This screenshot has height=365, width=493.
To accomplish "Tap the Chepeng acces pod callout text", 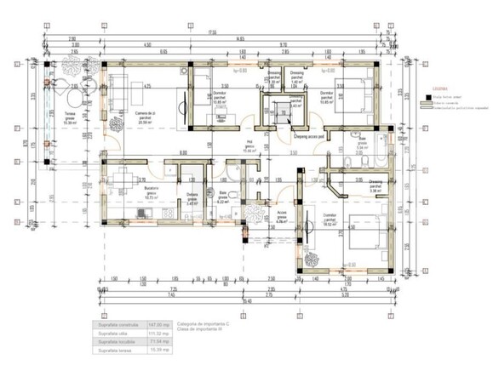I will pyautogui.click(x=311, y=134).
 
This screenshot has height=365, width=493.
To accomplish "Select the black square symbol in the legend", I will pyautogui.click(x=425, y=98).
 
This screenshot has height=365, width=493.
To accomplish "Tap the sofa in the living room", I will pyautogui.click(x=118, y=91).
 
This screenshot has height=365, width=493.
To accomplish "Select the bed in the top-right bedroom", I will pyautogui.click(x=352, y=92).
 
